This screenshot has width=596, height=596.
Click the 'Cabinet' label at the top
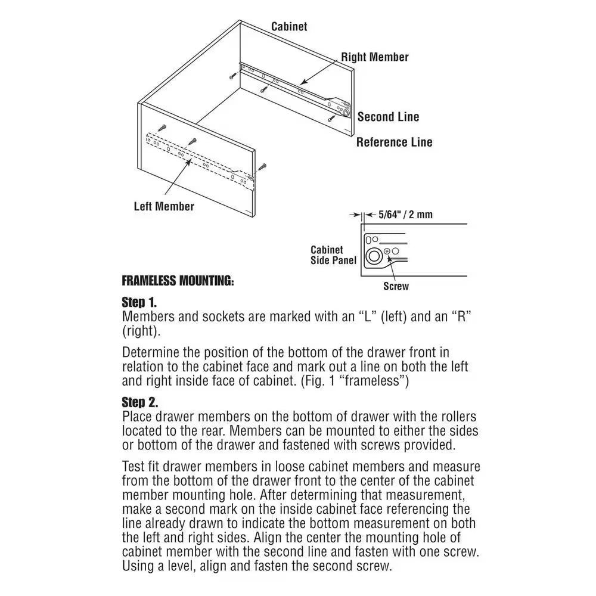point(289,26)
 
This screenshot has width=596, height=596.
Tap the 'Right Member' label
point(374,57)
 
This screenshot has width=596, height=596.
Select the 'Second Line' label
point(388,117)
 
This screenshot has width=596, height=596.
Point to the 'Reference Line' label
point(394,142)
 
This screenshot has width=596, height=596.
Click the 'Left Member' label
point(164,206)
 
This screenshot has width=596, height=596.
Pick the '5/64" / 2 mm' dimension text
point(406,214)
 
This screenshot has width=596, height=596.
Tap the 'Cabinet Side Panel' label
point(333,255)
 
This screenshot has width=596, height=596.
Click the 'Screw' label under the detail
point(396,286)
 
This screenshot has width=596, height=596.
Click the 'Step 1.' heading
point(139,302)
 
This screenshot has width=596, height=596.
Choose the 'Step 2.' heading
point(140,403)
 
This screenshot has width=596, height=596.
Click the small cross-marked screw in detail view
point(387,252)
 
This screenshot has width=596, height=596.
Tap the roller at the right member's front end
point(345,111)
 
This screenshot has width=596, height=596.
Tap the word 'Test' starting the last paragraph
point(132,466)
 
